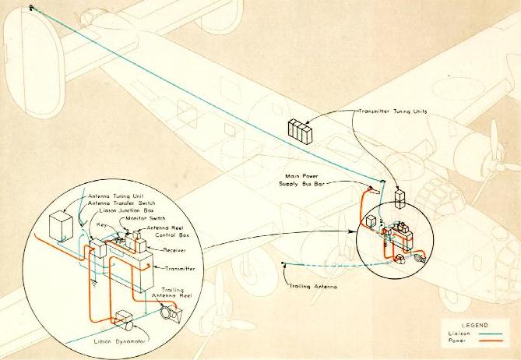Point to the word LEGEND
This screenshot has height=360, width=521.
pyautogui.click(x=474, y=323)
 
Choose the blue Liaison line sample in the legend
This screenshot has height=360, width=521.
pyautogui.click(x=488, y=333)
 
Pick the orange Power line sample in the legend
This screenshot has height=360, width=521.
pyautogui.click(x=488, y=341)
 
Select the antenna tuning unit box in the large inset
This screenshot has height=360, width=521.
pyautogui.click(x=62, y=227)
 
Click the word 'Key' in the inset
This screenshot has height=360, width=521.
pyautogui.click(x=101, y=224)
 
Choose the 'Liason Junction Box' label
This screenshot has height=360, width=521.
pyautogui.click(x=117, y=210)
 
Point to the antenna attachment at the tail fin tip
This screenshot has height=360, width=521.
pyautogui.click(x=32, y=8)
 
